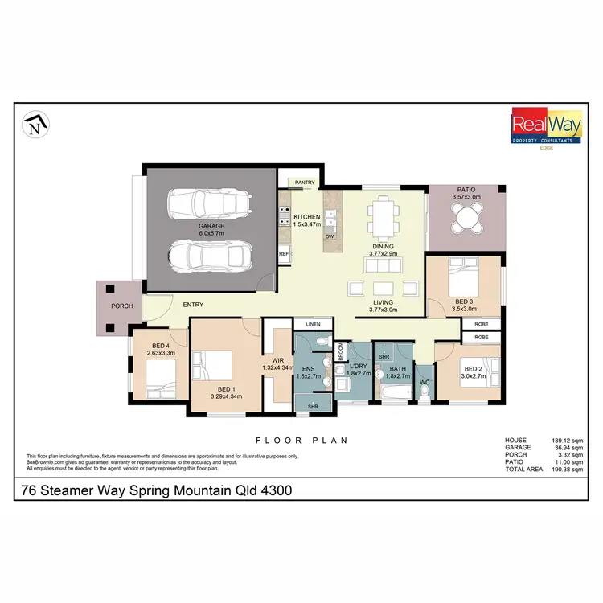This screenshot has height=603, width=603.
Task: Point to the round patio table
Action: point(466,217)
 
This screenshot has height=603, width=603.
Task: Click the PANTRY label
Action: point(304,183)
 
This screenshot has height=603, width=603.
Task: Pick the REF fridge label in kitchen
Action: point(284,254)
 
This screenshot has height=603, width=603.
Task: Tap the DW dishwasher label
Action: point(330,237)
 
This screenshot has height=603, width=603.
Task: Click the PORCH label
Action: point(122,306)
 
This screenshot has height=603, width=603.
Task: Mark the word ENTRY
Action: point(193,305)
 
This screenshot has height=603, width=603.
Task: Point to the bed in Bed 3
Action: point(459,282)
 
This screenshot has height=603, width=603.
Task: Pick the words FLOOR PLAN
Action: point(301,440)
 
